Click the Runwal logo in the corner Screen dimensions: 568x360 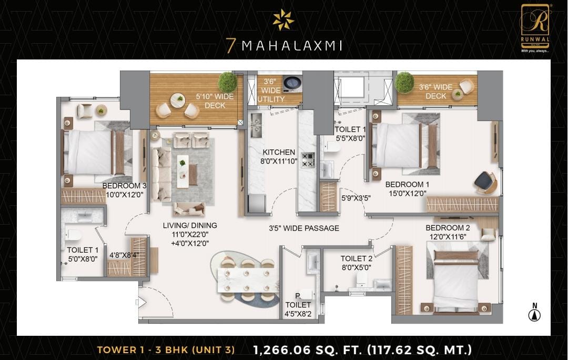(x=535, y=28)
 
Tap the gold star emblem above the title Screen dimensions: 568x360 (x=283, y=19)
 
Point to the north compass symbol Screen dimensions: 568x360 (x=534, y=313)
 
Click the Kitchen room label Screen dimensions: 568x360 (x=279, y=152)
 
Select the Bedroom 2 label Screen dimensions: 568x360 (x=448, y=228)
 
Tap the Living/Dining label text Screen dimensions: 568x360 (x=190, y=225)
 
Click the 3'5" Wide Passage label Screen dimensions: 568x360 (x=304, y=228)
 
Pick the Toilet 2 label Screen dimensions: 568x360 (x=357, y=259)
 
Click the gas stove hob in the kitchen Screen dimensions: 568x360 (x=308, y=160)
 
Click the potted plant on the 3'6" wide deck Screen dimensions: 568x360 (x=404, y=82)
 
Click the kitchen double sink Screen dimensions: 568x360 (x=256, y=125)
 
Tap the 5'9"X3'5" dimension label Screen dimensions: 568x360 (x=356, y=198)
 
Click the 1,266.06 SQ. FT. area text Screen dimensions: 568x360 (x=307, y=350)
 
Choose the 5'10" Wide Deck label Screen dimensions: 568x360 (x=215, y=101)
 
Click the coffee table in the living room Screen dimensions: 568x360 (x=182, y=171)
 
